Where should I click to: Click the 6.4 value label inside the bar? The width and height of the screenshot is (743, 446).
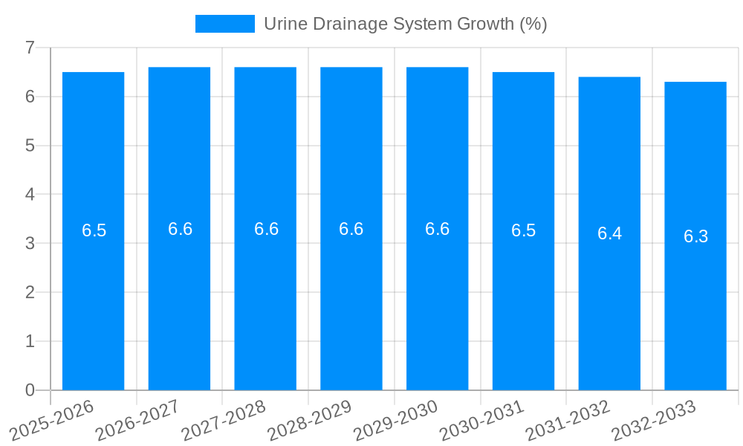pos(609,233)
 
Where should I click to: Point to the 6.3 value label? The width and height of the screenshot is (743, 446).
pos(695,236)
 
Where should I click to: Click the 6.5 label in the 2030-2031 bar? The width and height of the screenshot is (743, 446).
pos(523,230)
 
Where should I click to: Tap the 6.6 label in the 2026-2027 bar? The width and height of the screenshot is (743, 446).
pos(180,229)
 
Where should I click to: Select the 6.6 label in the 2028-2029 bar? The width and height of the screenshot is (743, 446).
pos(351,229)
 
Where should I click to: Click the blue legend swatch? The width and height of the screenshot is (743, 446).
pos(224,24)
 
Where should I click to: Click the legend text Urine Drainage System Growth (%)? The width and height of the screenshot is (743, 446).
pos(405,24)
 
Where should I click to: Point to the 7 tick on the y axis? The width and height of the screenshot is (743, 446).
pos(30,48)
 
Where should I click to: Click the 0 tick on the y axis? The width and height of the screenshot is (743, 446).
pos(30,390)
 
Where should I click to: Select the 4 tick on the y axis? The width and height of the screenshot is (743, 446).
pos(30,195)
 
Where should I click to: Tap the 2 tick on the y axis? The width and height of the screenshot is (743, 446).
pos(30,292)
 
